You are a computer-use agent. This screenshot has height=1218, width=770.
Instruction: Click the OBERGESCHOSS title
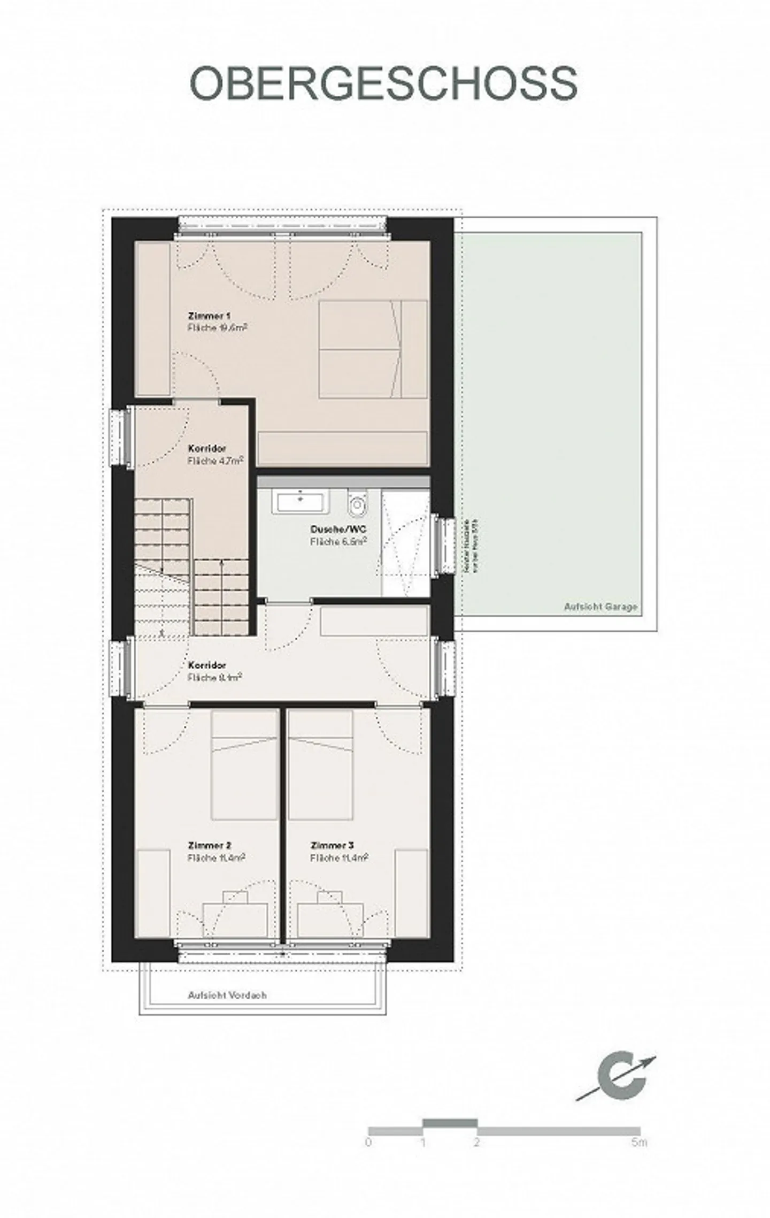[383, 84]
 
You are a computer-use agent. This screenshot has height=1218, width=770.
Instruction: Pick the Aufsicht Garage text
[600, 607]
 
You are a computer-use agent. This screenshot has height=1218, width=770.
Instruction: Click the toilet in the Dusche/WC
[356, 503]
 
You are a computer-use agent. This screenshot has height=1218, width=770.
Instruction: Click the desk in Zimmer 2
[235, 919]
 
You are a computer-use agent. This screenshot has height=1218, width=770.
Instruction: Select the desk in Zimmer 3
[330, 919]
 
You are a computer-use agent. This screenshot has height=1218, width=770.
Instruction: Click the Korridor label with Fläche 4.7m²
[207, 448]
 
